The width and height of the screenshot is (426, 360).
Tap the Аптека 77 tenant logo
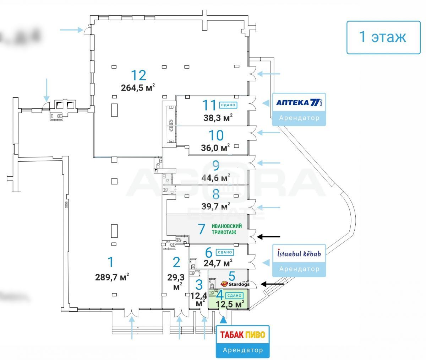click(299, 103)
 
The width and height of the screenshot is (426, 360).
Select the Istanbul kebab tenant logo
click(299, 253)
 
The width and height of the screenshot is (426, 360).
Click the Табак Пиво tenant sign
click(243, 335)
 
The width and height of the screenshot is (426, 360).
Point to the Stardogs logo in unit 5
click(235, 284)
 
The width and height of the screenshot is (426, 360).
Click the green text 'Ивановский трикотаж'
click(226, 229)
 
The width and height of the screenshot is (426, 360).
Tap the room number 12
click(138, 75)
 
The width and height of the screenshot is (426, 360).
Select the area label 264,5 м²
click(138, 88)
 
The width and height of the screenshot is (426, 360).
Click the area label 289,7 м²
click(112, 276)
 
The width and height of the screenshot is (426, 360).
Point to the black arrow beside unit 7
click(269, 236)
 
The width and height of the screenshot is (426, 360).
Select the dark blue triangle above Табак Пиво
click(223, 319)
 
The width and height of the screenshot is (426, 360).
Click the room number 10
click(216, 135)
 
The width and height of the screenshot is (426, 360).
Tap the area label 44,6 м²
click(215, 178)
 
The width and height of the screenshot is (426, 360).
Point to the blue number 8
click(216, 194)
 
